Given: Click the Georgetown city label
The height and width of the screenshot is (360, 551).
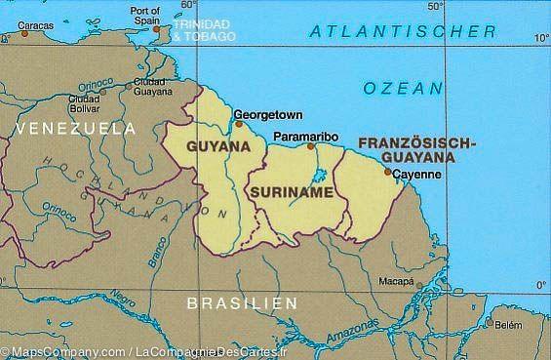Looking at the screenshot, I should click(x=268, y=113).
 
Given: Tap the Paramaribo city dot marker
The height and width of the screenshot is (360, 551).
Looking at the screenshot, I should click(x=311, y=146).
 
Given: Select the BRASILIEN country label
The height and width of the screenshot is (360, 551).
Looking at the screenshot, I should click(x=242, y=304).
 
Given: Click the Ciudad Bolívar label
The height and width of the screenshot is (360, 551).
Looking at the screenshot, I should click(x=86, y=103).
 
